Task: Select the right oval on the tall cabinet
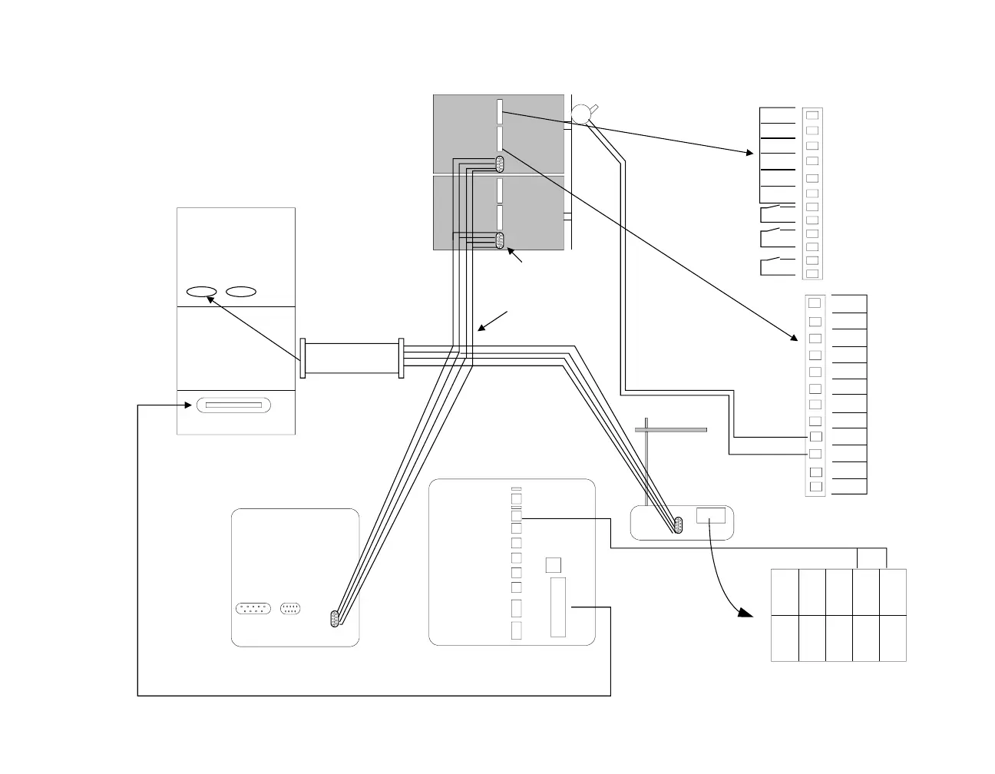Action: pos(241,292)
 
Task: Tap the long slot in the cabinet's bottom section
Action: pos(233,405)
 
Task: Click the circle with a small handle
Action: pos(581,114)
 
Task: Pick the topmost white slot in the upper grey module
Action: pos(500,111)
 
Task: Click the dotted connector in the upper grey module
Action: pos(500,164)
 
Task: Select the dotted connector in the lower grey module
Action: pos(500,240)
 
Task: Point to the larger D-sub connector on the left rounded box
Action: pos(253,608)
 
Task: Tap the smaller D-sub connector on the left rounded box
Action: pos(290,608)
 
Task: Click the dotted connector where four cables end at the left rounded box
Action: pos(335,619)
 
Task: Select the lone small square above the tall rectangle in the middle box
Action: pos(552,565)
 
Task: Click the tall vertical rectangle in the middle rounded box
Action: pos(558,607)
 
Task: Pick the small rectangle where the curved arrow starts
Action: pos(711,515)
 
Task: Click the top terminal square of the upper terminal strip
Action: pos(812,115)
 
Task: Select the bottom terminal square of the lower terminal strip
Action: pos(816,486)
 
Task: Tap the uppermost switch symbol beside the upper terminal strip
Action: pos(777,208)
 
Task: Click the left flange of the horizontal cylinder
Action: pos(303,359)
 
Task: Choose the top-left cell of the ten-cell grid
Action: pos(785,592)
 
